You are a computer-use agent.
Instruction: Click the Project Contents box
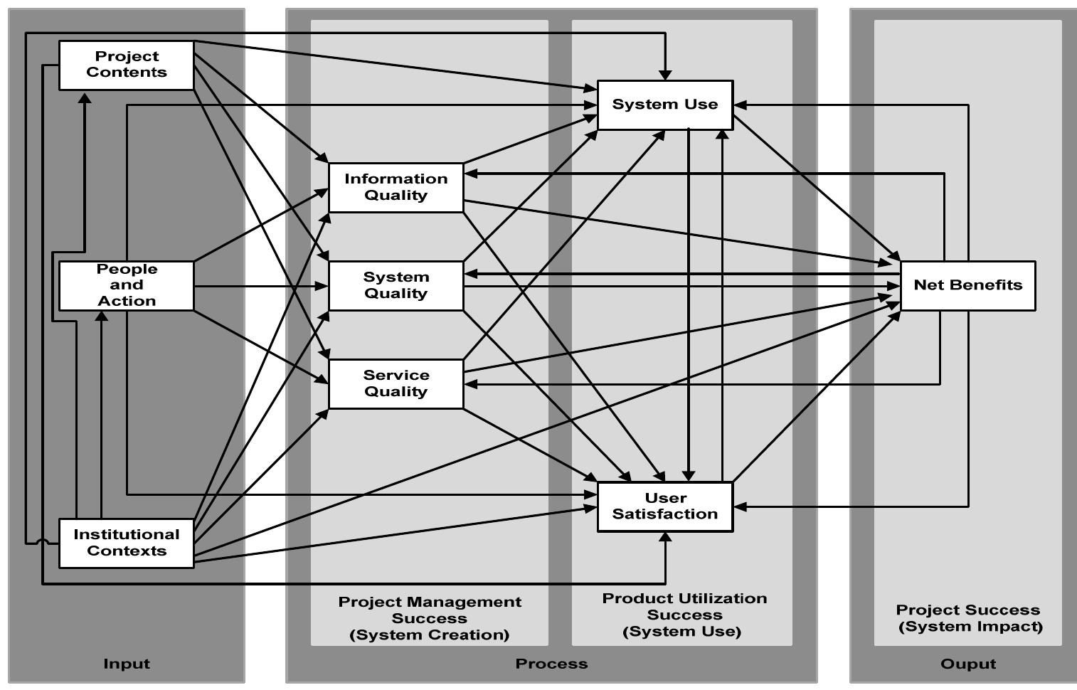[x=126, y=65]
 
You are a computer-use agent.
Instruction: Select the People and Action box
[x=126, y=285]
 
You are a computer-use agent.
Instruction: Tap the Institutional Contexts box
[x=126, y=543]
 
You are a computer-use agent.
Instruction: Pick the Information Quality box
[x=396, y=187]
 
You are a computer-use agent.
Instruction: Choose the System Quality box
[x=396, y=285]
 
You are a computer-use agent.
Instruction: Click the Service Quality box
[x=396, y=383]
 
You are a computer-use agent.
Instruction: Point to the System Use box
[x=664, y=105]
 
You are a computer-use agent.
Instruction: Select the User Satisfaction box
[x=664, y=506]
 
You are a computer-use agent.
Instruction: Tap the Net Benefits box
[x=967, y=285]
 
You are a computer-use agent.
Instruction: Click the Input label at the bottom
[x=127, y=664]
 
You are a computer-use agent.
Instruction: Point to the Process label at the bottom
[x=551, y=664]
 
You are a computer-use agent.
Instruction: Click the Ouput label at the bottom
[x=967, y=664]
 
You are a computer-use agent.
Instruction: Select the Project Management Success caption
[x=430, y=618]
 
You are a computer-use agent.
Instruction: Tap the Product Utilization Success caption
[x=684, y=615]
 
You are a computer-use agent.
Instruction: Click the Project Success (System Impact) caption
[x=969, y=618]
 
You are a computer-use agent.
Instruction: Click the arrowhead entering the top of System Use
[x=664, y=75]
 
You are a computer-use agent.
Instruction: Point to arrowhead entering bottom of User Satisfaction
[x=665, y=538]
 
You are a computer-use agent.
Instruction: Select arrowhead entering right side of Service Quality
[x=470, y=384]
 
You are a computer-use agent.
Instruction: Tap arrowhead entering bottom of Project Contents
[x=84, y=97]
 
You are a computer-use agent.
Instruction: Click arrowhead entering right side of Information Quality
[x=470, y=173]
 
